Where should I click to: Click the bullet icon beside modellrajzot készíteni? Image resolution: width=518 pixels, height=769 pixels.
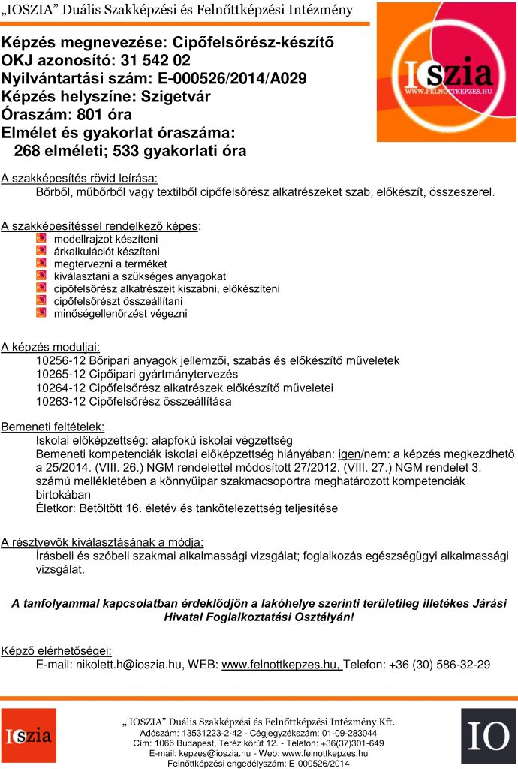tap(41, 238)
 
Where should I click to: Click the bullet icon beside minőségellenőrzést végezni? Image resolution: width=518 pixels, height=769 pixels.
tap(41, 313)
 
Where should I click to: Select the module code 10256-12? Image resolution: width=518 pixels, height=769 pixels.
tap(60, 360)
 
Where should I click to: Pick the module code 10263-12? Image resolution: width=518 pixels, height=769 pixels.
tap(60, 401)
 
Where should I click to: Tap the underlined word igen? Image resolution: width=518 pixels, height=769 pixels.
tap(349, 454)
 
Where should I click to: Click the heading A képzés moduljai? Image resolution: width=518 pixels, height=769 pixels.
tap(50, 347)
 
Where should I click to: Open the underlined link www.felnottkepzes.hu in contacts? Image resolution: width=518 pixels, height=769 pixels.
tap(282, 664)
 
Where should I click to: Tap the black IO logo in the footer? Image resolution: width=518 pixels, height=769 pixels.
tap(488, 737)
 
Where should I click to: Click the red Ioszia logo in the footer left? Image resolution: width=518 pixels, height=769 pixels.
tap(29, 735)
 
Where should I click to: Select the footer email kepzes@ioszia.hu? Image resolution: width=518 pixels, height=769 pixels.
tap(210, 753)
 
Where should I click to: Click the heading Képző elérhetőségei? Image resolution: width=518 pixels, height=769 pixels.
tap(56, 650)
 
